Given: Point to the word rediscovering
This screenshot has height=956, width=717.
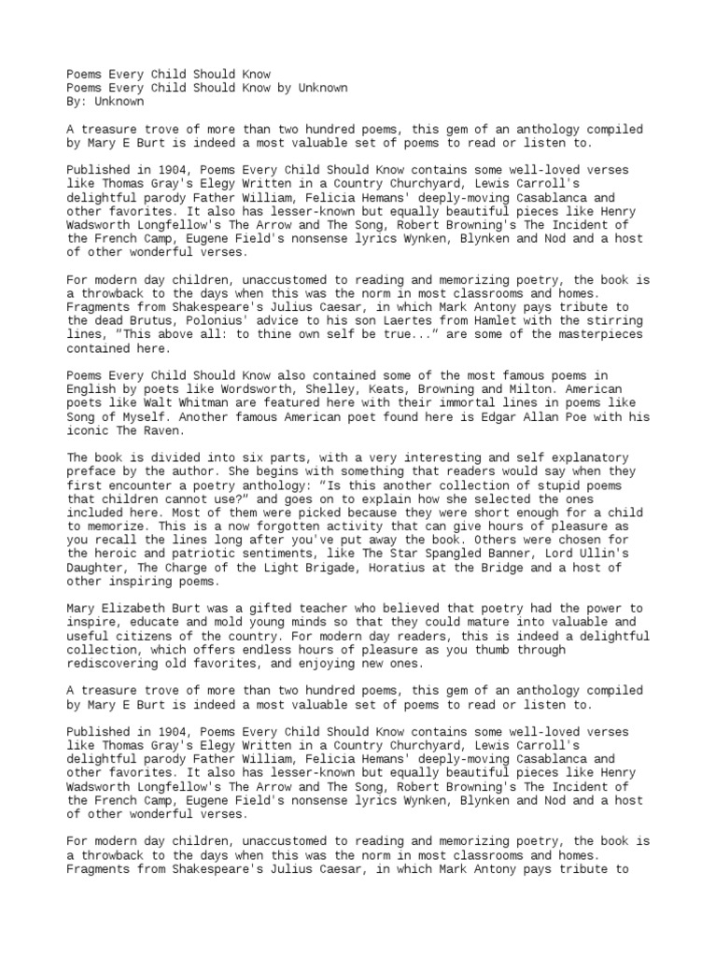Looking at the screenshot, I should tap(111, 663).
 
